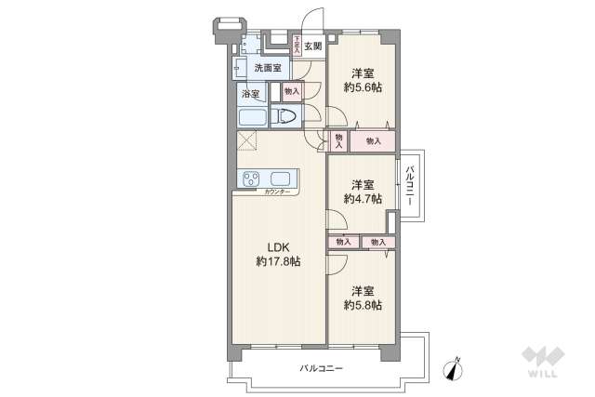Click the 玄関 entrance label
pos(312,46)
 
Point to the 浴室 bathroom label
pos(250,94)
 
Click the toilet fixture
pos(287,117)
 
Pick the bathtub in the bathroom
pos(252,117)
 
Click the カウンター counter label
pos(276,192)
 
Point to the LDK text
pos(279,246)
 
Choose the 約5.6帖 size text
pos(363,87)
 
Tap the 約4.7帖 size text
pos(363,198)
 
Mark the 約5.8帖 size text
pos(363,305)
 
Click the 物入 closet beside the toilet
pos(291,91)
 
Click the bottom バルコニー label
pos(321,369)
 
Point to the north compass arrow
pos(454,368)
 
